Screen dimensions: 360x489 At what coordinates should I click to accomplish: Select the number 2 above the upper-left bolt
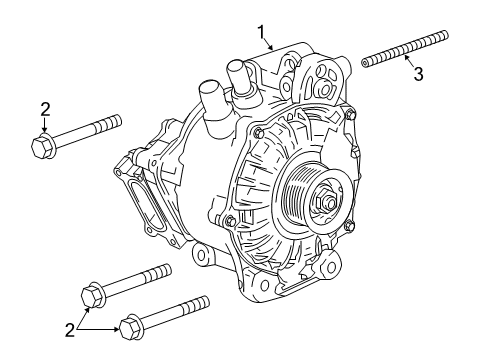(x=45, y=108)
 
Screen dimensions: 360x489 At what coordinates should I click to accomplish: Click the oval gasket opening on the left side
(x=151, y=204)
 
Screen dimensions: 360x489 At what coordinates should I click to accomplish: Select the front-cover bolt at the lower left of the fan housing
(x=231, y=219)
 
